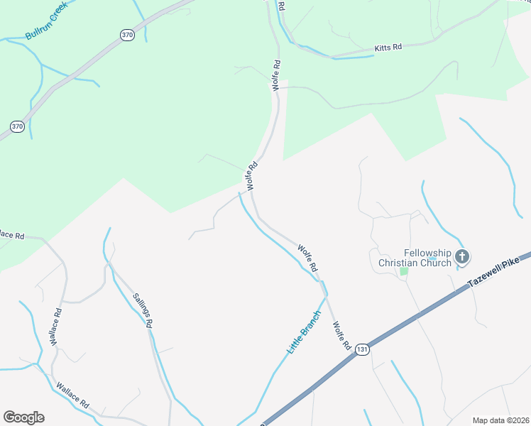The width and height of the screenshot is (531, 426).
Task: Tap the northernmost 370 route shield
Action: [127, 35]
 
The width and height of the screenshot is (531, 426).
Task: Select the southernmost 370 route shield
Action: [18, 126]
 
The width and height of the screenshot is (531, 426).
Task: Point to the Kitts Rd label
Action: [388, 48]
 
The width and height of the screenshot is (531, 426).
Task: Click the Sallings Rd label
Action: [143, 310]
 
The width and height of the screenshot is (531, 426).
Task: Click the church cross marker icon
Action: [462, 257]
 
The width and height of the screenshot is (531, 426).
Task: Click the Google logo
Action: [23, 417]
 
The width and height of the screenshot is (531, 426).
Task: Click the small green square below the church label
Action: [404, 271]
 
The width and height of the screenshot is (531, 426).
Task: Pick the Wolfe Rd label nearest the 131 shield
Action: [342, 335]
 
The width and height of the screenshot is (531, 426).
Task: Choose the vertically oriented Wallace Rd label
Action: [56, 326]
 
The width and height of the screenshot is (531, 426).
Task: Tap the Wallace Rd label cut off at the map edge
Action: [12, 235]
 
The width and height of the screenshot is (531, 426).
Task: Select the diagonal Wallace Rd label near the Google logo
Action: [72, 395]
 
